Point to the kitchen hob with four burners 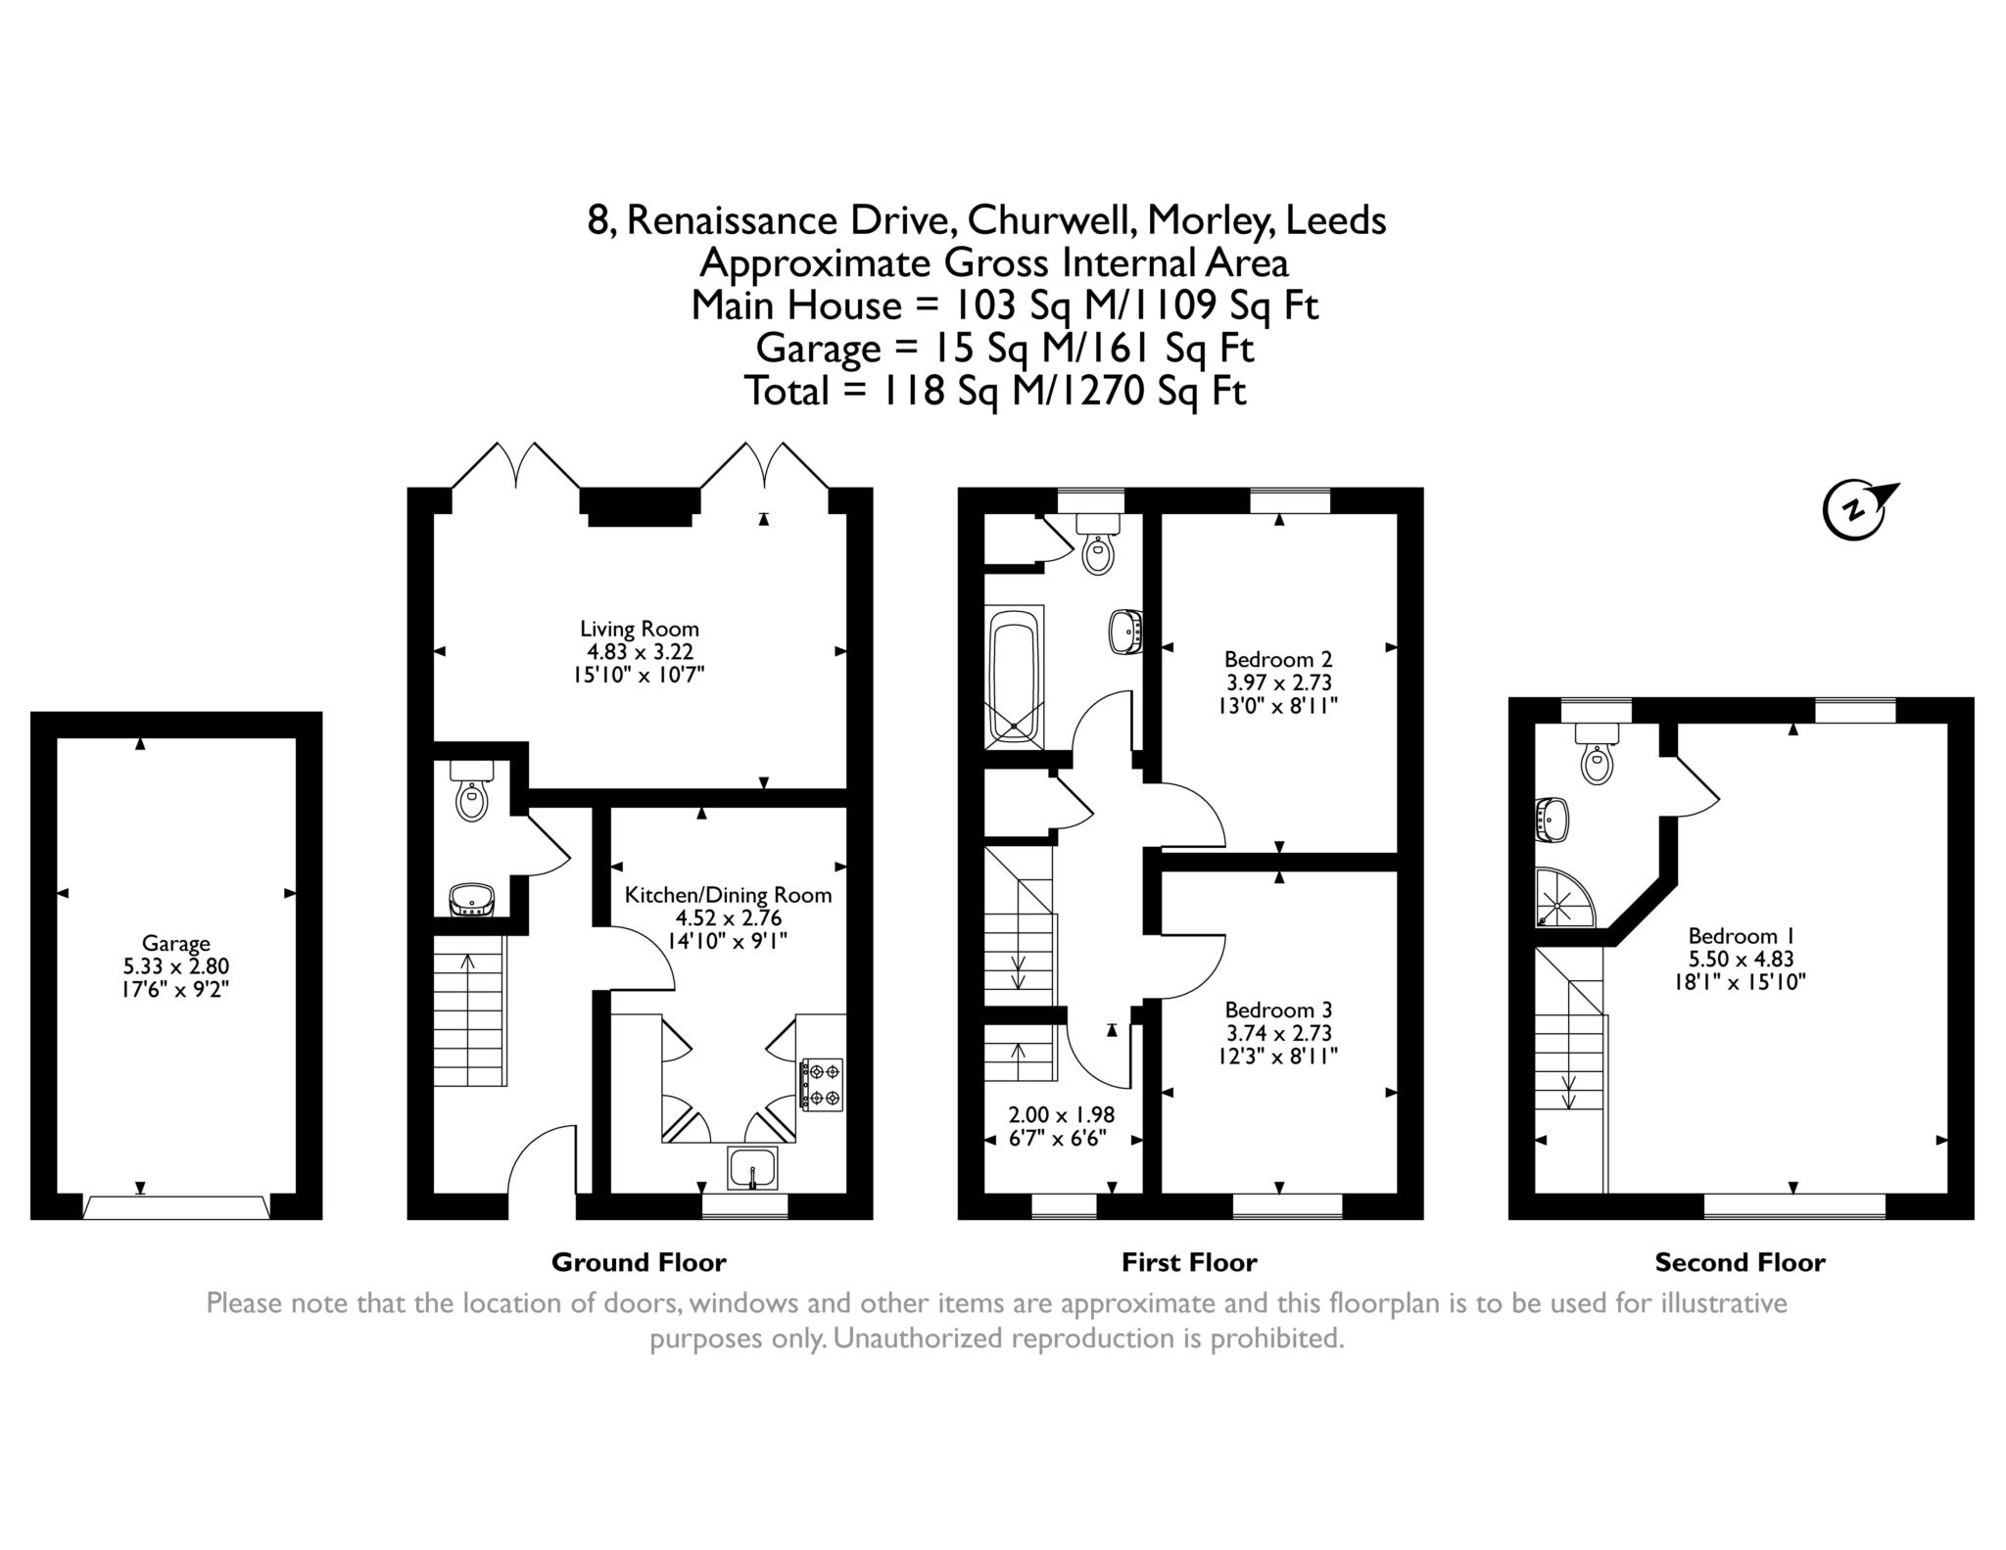pyautogui.click(x=822, y=1084)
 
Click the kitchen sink pyautogui.click(x=752, y=1168)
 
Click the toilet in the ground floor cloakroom pyautogui.click(x=472, y=791)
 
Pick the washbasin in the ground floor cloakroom pyautogui.click(x=472, y=900)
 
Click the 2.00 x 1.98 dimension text pyautogui.click(x=1062, y=1114)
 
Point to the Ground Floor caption pyautogui.click(x=639, y=1262)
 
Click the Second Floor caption pyautogui.click(x=1741, y=1262)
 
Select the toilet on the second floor pyautogui.click(x=1597, y=754)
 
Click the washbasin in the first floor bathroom pyautogui.click(x=1127, y=632)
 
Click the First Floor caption pyautogui.click(x=1189, y=1262)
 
